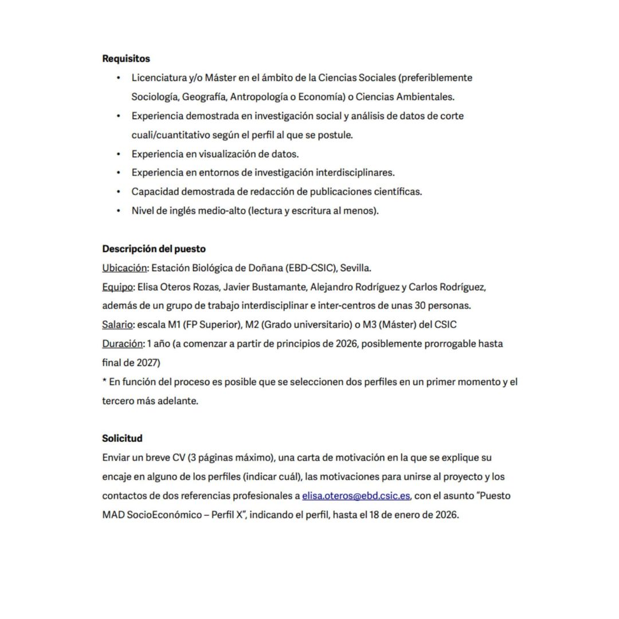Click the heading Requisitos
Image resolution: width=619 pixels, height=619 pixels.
[126, 58]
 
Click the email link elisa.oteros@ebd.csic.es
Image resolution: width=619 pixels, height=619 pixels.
[356, 495]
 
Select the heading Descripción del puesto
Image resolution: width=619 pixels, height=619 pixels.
[154, 249]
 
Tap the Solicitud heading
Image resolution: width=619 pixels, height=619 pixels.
[122, 438]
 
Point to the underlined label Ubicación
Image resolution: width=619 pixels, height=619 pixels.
[124, 268]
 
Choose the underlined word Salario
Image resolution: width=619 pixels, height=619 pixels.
[117, 324]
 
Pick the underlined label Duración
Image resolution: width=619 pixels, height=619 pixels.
[122, 344]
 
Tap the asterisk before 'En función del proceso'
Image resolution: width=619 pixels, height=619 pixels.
[104, 381]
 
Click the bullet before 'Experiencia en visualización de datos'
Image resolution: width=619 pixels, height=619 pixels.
[119, 154]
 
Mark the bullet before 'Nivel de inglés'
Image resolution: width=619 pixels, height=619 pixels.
[119, 210]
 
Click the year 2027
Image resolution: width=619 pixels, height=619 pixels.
[148, 363]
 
